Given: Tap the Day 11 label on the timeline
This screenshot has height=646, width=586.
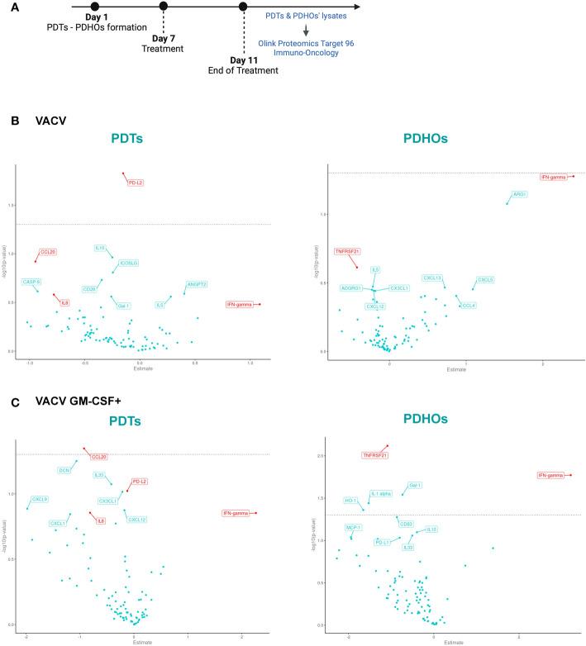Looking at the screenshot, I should point(245,59).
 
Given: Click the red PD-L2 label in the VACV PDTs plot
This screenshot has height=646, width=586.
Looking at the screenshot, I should point(136,183).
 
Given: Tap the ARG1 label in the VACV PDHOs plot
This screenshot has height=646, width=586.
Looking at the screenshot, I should point(519,194).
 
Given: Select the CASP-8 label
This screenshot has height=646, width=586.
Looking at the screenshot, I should point(32,282).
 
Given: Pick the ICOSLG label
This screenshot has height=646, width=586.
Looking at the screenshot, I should point(128,264).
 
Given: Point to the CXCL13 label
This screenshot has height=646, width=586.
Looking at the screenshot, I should point(432,278).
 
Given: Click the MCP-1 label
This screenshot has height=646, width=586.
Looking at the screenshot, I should point(354,526).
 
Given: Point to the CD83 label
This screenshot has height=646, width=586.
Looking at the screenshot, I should point(406,523).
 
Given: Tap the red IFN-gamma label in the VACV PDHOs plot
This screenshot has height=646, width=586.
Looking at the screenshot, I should point(553,178).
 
